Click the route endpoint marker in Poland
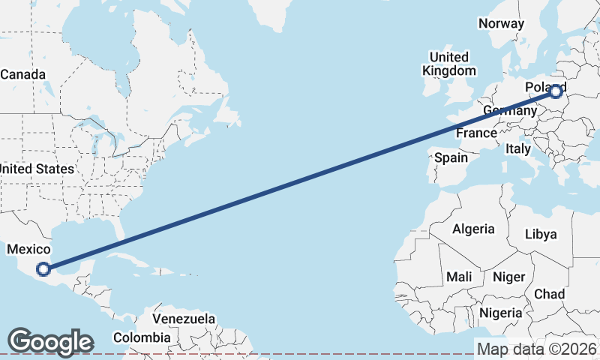556,92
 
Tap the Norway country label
501,23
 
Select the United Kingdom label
448,64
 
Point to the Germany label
509,111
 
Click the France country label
477,133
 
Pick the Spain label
451,157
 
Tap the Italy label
518,148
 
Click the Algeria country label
473,229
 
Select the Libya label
541,234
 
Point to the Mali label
459,277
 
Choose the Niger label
508,277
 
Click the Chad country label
549,294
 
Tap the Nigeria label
500,312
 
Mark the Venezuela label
184,319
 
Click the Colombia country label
142,337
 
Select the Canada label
22,74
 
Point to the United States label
37,169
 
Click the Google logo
49,341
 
